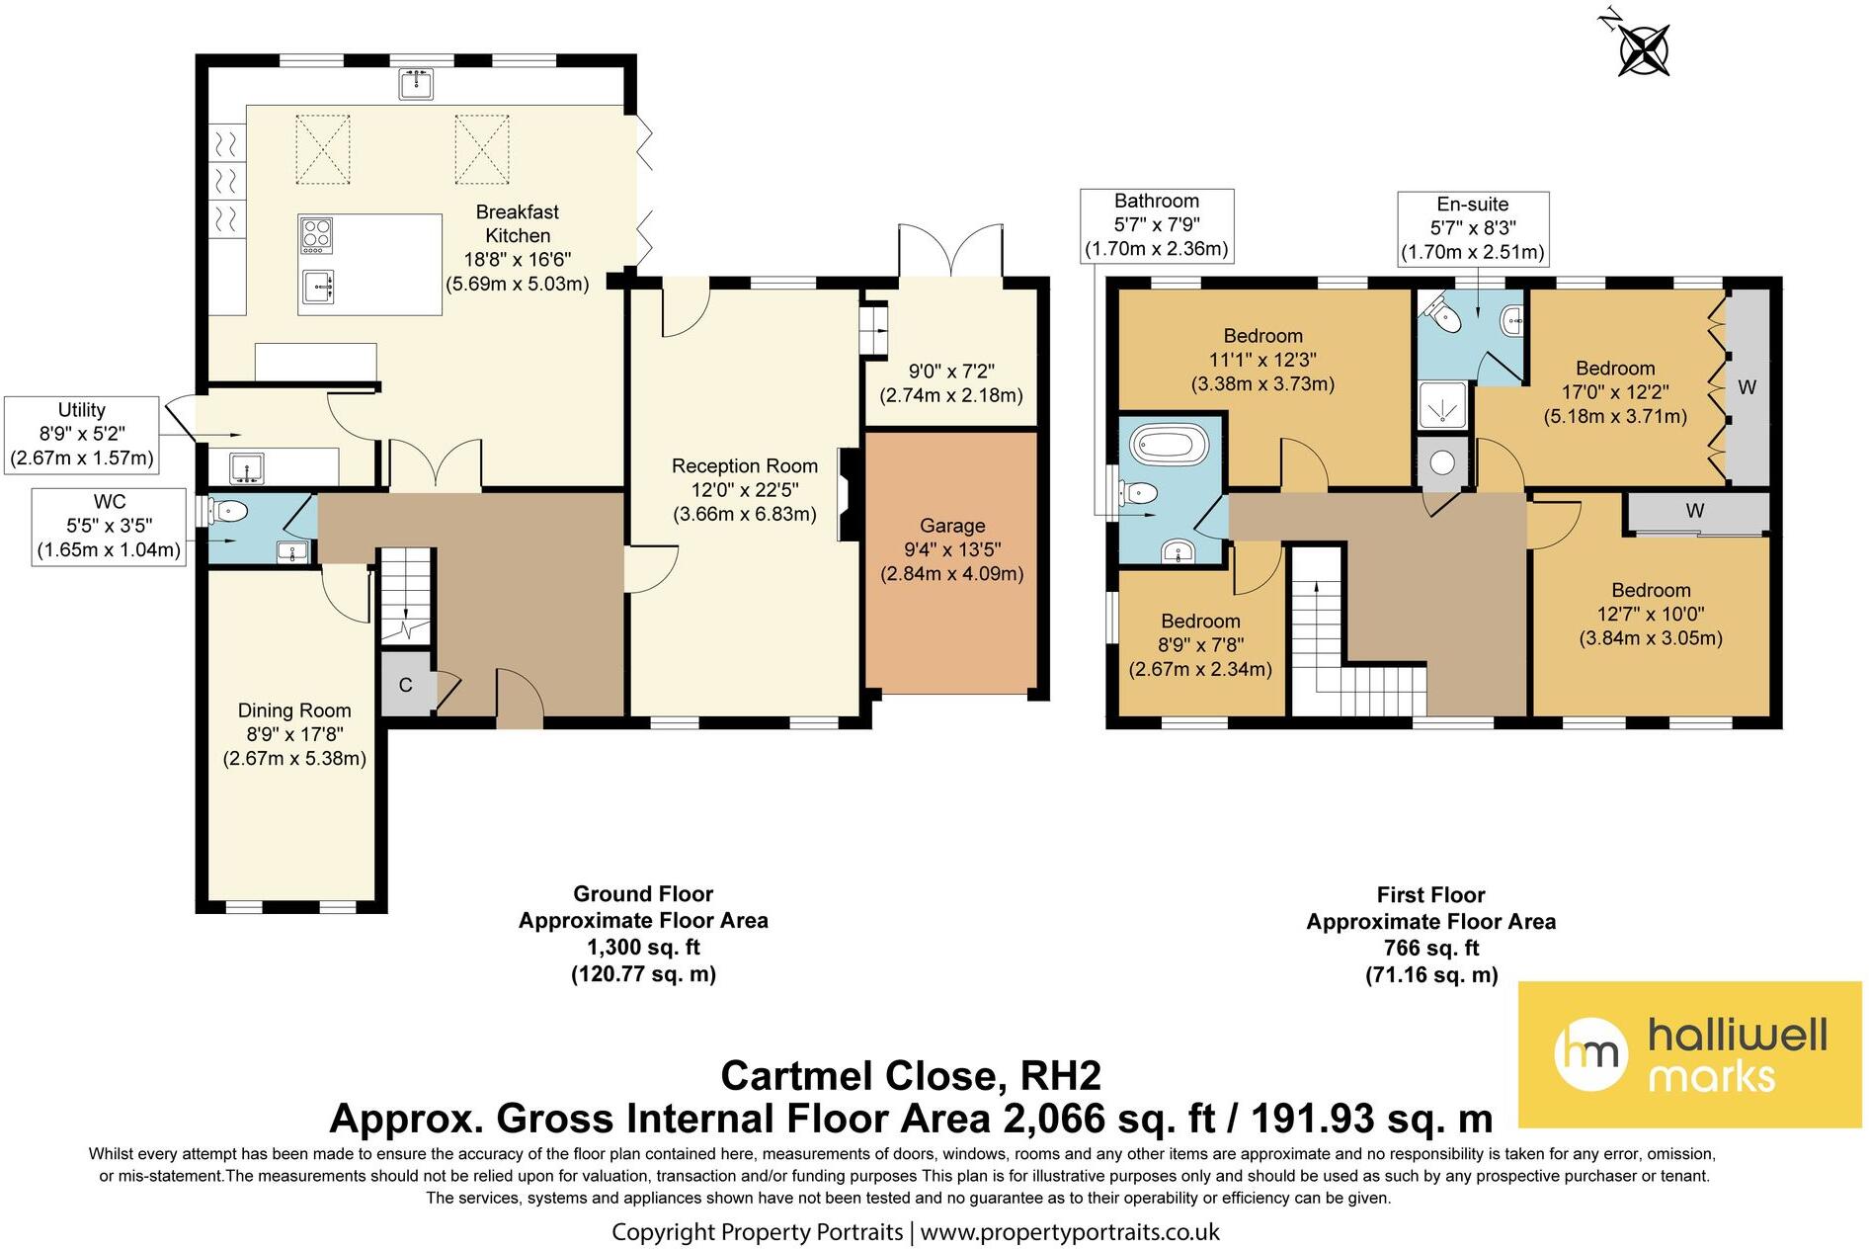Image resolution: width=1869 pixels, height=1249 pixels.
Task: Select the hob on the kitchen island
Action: (317, 236)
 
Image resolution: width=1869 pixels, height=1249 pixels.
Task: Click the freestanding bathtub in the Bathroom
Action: (1170, 444)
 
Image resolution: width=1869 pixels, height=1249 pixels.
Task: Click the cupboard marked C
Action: (406, 684)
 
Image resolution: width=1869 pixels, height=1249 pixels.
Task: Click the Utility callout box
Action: (82, 435)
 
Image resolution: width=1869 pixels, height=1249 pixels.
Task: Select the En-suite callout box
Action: (1473, 228)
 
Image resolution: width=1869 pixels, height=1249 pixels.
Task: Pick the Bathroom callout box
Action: (1157, 225)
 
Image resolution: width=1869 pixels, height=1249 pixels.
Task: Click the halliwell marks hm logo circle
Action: (1590, 1053)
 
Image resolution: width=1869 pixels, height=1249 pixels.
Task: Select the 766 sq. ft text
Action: (1431, 949)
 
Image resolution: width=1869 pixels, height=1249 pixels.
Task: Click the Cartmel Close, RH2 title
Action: (911, 1076)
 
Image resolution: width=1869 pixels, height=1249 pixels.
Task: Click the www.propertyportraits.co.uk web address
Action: (1070, 1232)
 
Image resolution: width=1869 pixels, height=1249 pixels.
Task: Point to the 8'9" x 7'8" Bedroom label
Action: (1200, 645)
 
